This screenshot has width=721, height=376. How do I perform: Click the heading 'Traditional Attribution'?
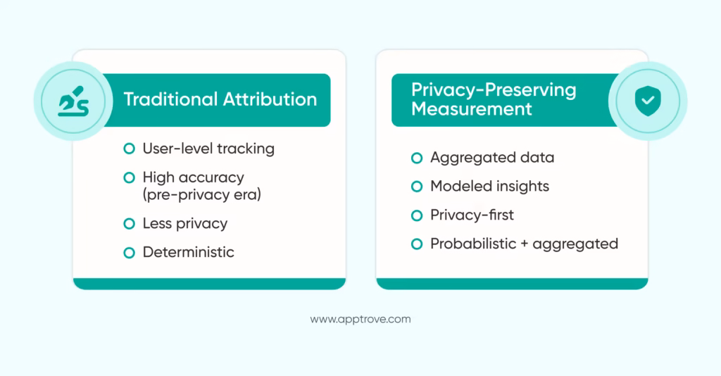[220, 99]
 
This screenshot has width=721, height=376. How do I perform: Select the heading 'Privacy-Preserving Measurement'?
[493, 99]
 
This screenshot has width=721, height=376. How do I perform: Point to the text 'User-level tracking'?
[208, 149]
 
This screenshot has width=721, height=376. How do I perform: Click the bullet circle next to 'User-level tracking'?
[129, 149]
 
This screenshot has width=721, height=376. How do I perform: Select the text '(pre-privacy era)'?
[201, 194]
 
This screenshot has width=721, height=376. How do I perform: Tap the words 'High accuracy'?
[193, 177]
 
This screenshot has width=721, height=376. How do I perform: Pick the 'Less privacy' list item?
[184, 223]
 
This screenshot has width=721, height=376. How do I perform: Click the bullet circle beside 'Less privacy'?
[129, 223]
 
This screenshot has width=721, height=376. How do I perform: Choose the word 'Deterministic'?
[188, 252]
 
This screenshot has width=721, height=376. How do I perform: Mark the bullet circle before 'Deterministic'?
[129, 252]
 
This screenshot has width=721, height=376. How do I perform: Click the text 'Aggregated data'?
[492, 158]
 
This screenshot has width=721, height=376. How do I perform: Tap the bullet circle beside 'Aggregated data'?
[417, 158]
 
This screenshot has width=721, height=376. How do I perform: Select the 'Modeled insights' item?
[489, 187]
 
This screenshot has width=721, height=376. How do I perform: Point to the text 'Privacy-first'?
[472, 215]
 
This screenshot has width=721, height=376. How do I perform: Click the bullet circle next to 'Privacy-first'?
[417, 215]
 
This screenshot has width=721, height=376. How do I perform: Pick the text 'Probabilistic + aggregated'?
[524, 244]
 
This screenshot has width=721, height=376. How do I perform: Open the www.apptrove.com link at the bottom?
[360, 319]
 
